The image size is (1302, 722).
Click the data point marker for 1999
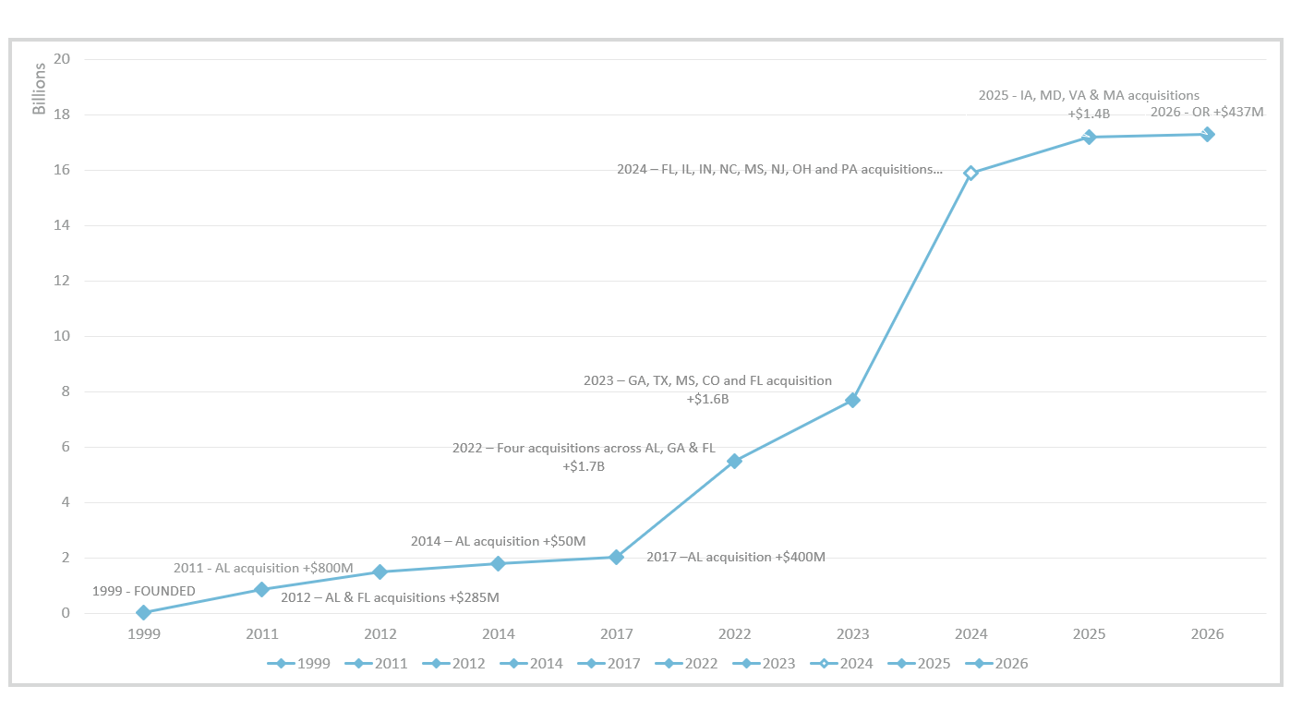coord(143,612)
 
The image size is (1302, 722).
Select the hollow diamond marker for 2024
coord(970,173)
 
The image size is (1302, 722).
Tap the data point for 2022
coord(734,461)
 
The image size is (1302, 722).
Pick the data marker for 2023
coord(852,400)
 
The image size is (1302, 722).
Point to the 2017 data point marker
coord(616,557)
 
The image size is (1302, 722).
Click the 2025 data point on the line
coord(1089,137)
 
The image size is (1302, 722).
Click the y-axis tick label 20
coord(63,59)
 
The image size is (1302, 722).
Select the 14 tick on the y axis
coord(63,225)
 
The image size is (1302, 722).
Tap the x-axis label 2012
coord(380,634)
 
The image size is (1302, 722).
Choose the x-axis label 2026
coord(1207,634)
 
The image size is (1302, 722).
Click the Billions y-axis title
coord(39,90)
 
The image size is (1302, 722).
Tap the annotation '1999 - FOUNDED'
coord(144,591)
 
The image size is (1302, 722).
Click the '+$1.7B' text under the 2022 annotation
coord(584,467)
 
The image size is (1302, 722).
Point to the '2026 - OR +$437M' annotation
coord(1207,112)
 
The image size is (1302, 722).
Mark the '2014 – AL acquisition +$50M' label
coord(499,541)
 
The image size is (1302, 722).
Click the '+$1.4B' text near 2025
coord(1089,114)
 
